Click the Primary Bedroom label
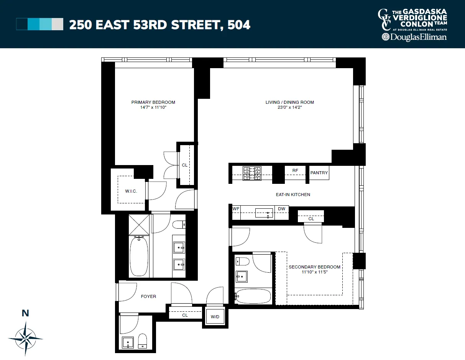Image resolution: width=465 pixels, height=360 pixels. pyautogui.click(x=153, y=102)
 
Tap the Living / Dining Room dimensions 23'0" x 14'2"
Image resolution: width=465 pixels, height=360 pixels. pyautogui.click(x=289, y=108)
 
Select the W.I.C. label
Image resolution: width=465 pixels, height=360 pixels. pyautogui.click(x=131, y=191)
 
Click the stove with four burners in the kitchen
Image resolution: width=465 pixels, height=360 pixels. pyautogui.click(x=252, y=173)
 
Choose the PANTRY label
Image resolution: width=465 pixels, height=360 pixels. pyautogui.click(x=319, y=173)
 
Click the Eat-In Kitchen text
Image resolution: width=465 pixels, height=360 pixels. pyautogui.click(x=293, y=195)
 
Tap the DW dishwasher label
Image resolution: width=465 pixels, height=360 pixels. pyautogui.click(x=281, y=209)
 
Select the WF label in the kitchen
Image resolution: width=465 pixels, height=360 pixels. pyautogui.click(x=236, y=209)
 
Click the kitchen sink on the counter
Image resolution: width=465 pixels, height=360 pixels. pyautogui.click(x=264, y=213)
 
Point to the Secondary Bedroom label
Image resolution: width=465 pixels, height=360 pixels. pyautogui.click(x=314, y=267)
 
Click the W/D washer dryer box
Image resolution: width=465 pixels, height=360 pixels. pyautogui.click(x=215, y=317)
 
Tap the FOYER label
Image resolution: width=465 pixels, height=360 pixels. pyautogui.click(x=148, y=296)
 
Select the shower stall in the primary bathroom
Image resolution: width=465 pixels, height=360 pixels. pyautogui.click(x=139, y=225)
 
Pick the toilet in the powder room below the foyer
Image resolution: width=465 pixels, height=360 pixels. pyautogui.click(x=143, y=340)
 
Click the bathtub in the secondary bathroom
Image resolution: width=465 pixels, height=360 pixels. pyautogui.click(x=253, y=296)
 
